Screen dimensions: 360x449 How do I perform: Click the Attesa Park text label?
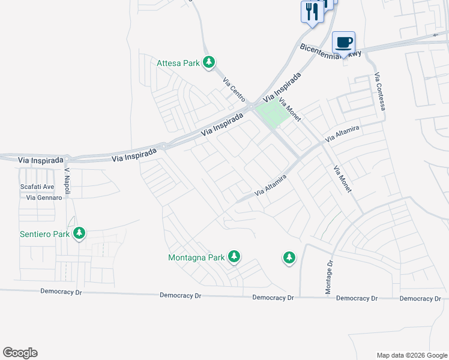[178, 62]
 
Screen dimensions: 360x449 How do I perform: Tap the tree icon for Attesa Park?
[209, 62]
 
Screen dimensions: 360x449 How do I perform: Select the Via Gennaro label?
[41, 197]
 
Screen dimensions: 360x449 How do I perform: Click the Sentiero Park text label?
[44, 233]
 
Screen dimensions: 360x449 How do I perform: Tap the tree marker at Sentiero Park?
[79, 233]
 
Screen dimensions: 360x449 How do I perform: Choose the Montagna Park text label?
[196, 258]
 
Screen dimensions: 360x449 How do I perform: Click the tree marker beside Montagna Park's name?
[234, 257]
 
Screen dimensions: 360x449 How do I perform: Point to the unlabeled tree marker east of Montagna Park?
[289, 258]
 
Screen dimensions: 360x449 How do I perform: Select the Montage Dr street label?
[329, 277]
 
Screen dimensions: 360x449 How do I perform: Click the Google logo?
[20, 353]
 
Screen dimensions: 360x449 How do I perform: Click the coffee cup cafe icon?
[343, 42]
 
